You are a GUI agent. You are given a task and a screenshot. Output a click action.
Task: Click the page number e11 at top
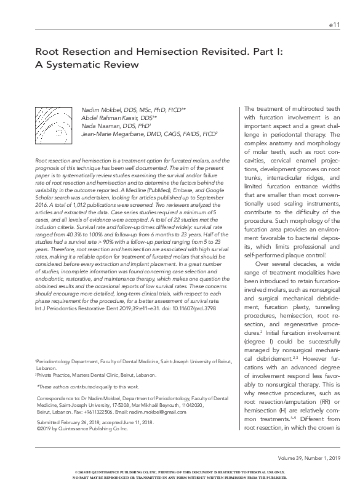[x=335, y=25]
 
